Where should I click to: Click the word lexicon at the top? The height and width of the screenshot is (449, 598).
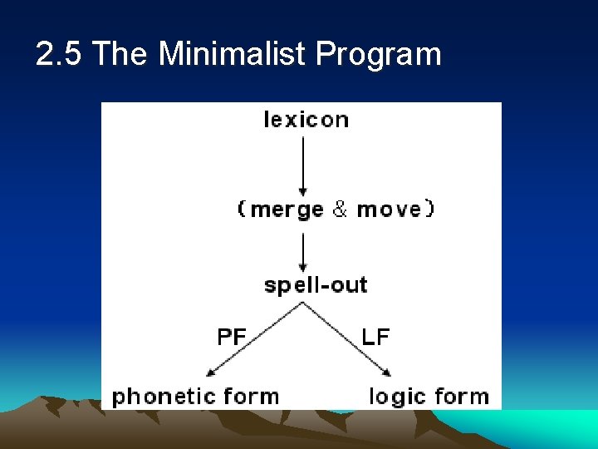pyautogui.click(x=306, y=120)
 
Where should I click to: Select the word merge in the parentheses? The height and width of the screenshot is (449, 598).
pyautogui.click(x=287, y=210)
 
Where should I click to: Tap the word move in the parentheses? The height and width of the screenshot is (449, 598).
pyautogui.click(x=389, y=210)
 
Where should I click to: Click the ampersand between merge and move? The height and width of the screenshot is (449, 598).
pyautogui.click(x=340, y=210)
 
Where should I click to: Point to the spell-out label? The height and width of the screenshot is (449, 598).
pyautogui.click(x=316, y=285)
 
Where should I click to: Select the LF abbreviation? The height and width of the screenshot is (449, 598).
pyautogui.click(x=375, y=337)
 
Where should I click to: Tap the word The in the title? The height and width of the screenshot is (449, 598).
pyautogui.click(x=120, y=54)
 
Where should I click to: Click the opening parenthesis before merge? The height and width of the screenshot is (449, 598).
pyautogui.click(x=242, y=210)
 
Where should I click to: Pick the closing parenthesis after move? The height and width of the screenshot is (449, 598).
pyautogui.click(x=429, y=210)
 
